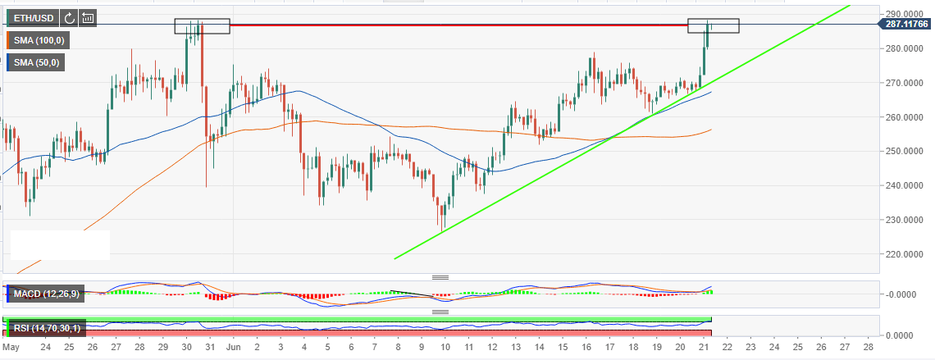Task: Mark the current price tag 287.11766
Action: pyautogui.click(x=905, y=25)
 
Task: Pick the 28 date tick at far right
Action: pyautogui.click(x=869, y=348)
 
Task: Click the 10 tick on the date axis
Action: pyautogui.click(x=445, y=348)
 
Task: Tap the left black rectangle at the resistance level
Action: pyautogui.click(x=202, y=26)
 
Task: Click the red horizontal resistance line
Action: pyautogui.click(x=459, y=25)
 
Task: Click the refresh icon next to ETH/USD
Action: pyautogui.click(x=70, y=17)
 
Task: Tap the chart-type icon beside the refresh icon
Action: pyautogui.click(x=88, y=17)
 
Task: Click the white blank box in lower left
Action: pyautogui.click(x=60, y=245)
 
